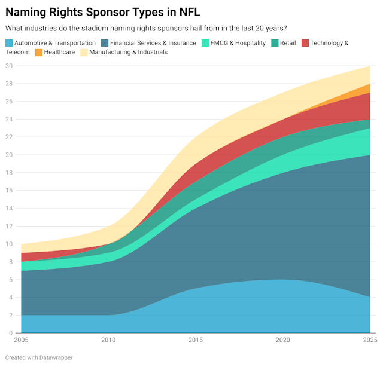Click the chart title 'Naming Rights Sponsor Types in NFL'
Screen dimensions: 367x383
pos(103,12)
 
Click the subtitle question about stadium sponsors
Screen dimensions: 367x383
pos(145,28)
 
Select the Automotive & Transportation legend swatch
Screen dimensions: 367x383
pos(9,43)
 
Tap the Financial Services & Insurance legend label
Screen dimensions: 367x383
pos(153,43)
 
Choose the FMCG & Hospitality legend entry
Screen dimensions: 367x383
pos(237,43)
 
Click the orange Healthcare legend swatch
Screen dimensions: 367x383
pos(39,52)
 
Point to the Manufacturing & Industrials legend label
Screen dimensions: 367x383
pos(128,52)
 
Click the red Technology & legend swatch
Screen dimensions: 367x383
pos(305,43)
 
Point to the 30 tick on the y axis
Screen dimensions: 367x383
pos(9,66)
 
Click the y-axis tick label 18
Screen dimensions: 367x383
pos(9,173)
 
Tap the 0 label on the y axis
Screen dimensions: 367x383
pos(10,333)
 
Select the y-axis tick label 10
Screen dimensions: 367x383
pos(9,244)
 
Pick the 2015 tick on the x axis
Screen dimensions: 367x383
pos(196,340)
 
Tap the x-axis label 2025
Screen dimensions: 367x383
pos(369,340)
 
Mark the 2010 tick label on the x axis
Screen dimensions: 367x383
pos(108,340)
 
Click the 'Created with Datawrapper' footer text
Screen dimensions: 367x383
pos(39,357)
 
